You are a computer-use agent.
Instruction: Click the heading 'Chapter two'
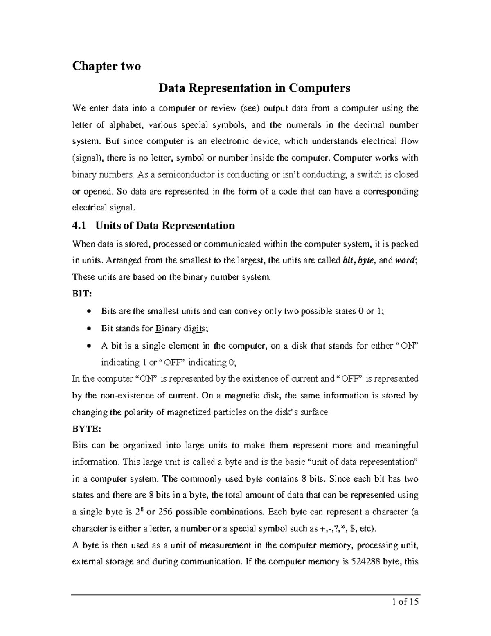pyautogui.click(x=106, y=66)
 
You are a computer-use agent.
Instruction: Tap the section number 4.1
pyautogui.click(x=80, y=225)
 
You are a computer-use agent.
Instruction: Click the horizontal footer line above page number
pyautogui.click(x=245, y=594)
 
